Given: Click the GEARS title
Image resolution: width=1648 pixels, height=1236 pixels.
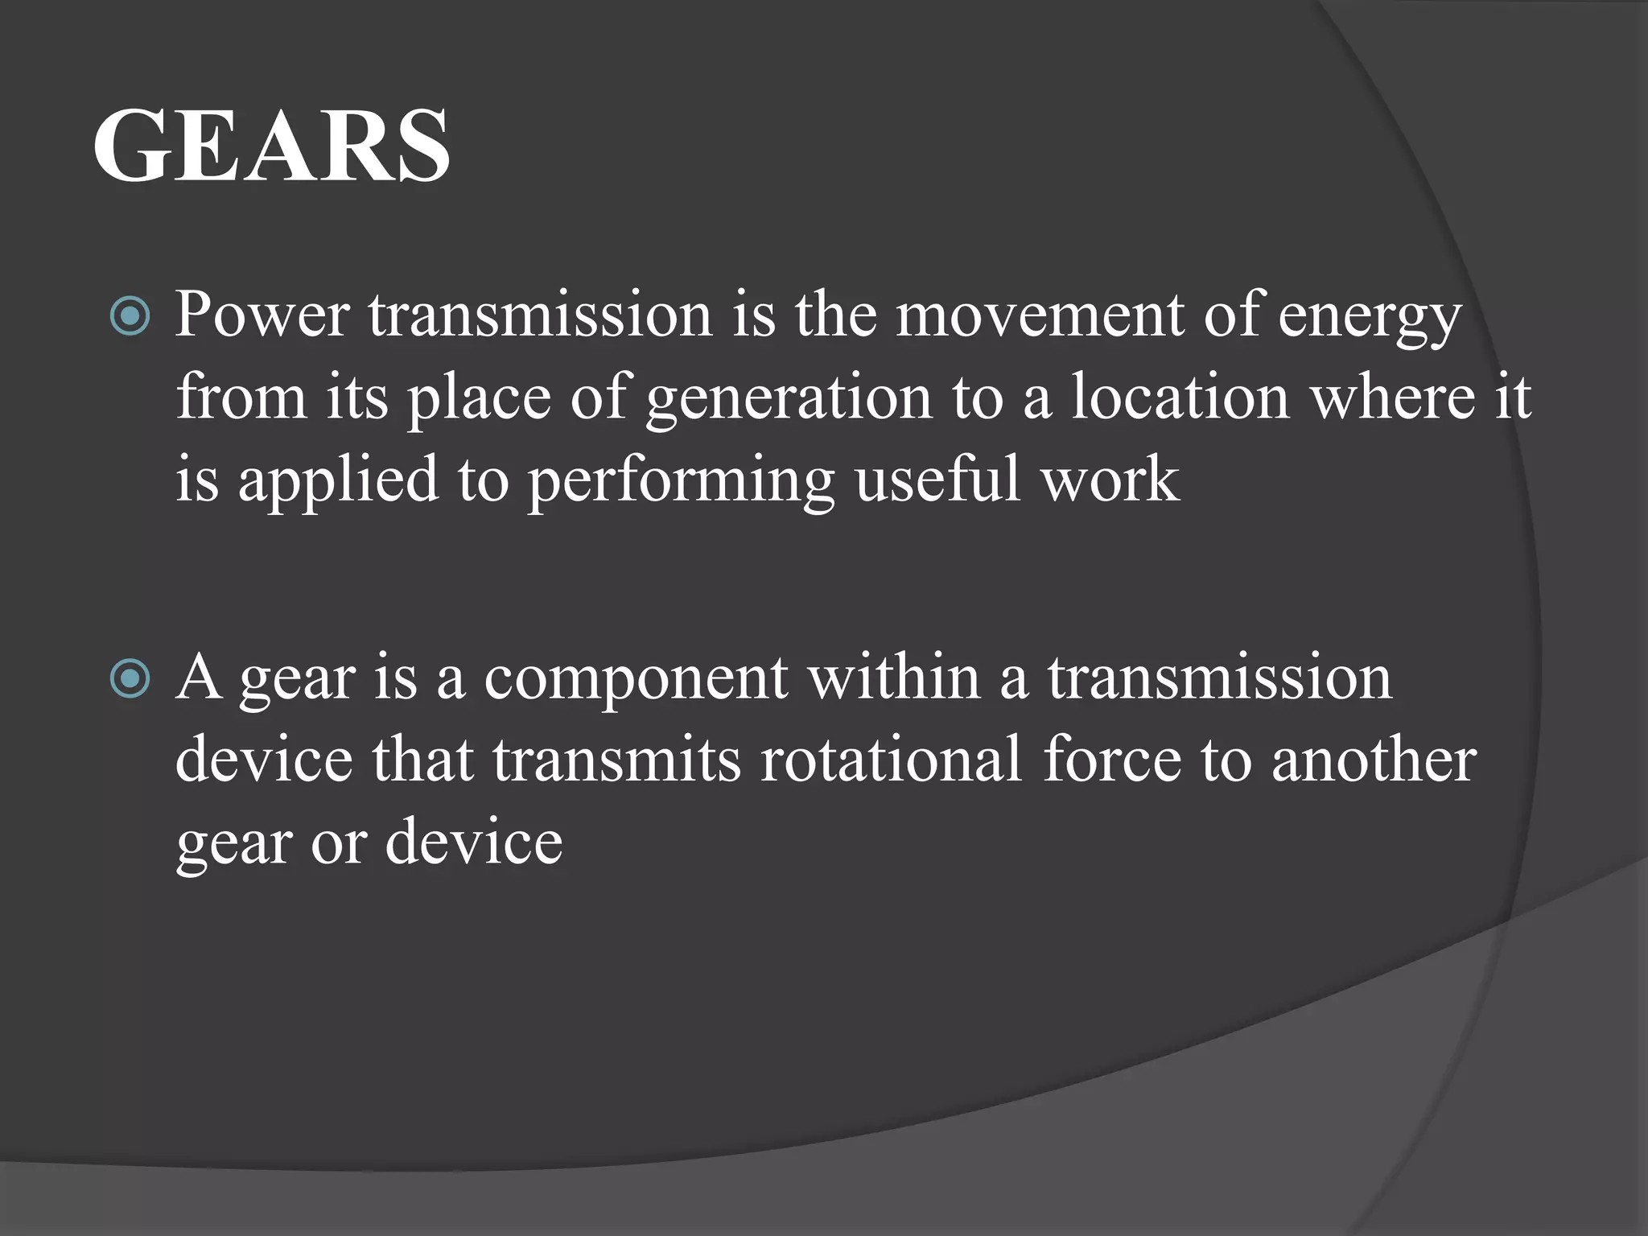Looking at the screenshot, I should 271,146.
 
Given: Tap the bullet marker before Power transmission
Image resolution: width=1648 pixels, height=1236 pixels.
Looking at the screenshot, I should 130,316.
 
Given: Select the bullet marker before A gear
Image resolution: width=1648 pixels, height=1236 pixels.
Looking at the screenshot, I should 130,679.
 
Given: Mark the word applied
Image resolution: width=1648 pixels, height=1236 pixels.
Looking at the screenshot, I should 338,481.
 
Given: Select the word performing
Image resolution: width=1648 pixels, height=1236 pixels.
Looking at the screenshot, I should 681,481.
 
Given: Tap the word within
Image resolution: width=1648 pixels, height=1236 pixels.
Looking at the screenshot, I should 894,678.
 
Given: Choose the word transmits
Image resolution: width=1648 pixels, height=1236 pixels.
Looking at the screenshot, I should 616,760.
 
